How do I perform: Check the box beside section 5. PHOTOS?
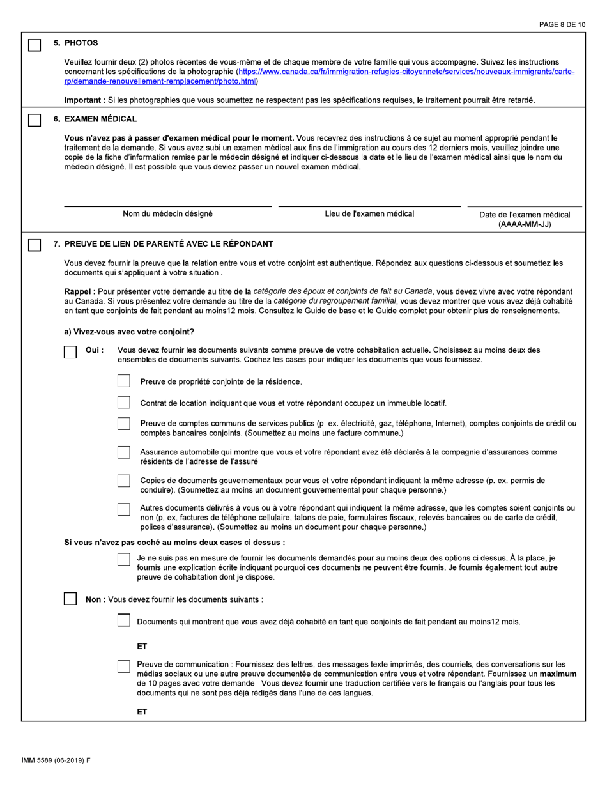tap(35, 45)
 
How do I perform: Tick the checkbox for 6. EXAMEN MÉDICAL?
tap(35, 121)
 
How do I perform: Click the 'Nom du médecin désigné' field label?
tap(168, 214)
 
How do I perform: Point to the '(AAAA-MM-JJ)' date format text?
tap(525, 225)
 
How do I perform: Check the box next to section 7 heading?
tap(35, 245)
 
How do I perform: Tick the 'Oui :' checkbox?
tap(71, 352)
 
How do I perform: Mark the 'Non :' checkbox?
tap(71, 599)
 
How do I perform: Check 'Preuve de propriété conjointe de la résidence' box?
tap(124, 381)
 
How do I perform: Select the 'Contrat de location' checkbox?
tap(124, 403)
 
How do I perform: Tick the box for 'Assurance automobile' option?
tap(124, 452)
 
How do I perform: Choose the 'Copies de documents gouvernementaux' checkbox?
tap(124, 481)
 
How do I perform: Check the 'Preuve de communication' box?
tap(124, 666)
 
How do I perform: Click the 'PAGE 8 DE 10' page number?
tap(562, 25)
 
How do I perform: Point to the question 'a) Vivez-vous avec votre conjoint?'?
tap(129, 332)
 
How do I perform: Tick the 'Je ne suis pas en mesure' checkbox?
tap(124, 559)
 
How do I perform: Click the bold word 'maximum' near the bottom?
tap(558, 674)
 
